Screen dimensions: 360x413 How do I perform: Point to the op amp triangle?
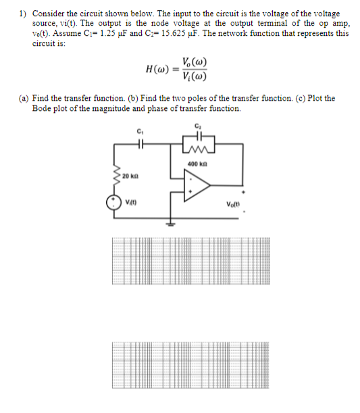click(196, 185)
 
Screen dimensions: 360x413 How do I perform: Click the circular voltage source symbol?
click(111, 203)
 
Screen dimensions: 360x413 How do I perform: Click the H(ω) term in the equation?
click(157, 70)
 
